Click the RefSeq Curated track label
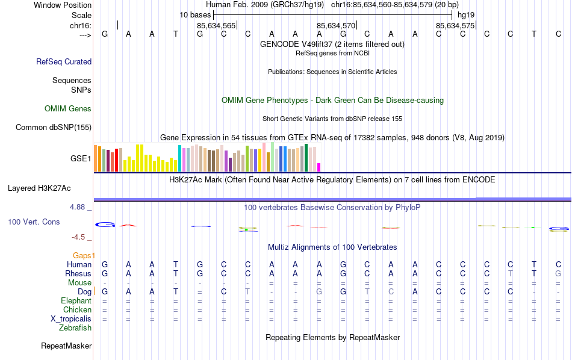tap(64, 61)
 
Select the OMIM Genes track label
tap(68, 109)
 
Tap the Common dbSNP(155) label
tap(54, 127)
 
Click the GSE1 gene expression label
tap(81, 159)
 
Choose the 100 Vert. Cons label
tap(34, 222)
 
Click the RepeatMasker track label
tap(66, 346)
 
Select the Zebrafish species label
tap(75, 328)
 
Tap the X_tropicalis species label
tap(67, 318)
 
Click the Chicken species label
tap(77, 309)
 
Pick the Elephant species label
tap(76, 300)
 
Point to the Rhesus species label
tap(78, 273)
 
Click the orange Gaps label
tap(83, 256)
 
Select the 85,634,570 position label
tap(336, 25)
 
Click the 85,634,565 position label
tap(216, 25)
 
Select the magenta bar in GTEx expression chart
tap(319, 167)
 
